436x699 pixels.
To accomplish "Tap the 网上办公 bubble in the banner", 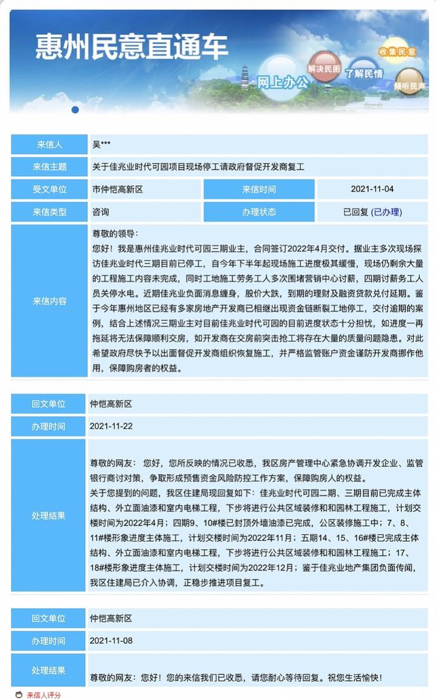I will [282, 81].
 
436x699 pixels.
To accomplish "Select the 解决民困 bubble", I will [324, 67].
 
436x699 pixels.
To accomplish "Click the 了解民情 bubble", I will [364, 73].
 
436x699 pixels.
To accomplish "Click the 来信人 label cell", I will [49, 145].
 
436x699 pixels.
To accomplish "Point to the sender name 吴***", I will [102, 145].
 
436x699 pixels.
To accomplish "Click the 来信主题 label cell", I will [49, 167].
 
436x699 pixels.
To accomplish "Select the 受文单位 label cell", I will [49, 189].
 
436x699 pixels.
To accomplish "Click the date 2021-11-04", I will [372, 189].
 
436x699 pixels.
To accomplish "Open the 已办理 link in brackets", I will [387, 212].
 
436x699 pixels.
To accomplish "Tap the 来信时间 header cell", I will [259, 189].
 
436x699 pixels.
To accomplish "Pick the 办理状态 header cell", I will [259, 212].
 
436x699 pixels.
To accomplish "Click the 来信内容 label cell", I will [49, 301].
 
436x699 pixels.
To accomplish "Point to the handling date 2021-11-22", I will [111, 426].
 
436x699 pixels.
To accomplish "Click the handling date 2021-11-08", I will [111, 640].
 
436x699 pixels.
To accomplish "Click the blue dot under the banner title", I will [75, 109].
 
